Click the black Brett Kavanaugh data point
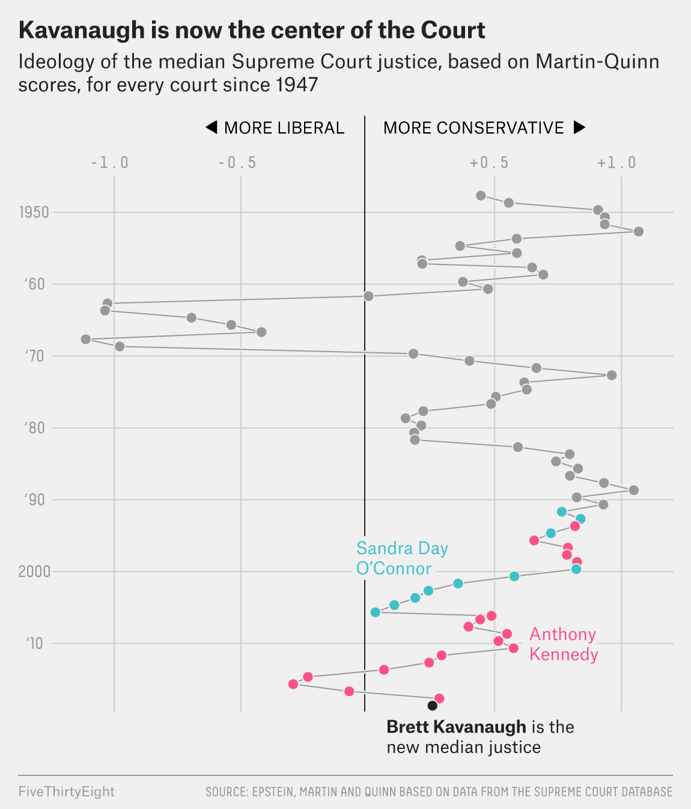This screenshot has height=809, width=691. [433, 706]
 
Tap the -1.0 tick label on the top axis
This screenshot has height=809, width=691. [109, 163]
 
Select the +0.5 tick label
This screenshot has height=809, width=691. [489, 163]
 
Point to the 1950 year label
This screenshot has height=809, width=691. [34, 212]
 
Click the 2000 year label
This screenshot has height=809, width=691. [34, 572]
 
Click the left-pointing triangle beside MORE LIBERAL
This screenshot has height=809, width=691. [211, 127]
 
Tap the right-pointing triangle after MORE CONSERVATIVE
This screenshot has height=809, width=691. [579, 127]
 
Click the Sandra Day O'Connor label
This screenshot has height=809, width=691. [401, 558]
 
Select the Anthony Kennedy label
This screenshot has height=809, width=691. [563, 644]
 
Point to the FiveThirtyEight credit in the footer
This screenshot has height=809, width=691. [66, 792]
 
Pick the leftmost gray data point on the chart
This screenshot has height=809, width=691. [86, 340]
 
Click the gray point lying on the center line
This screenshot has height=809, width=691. [368, 296]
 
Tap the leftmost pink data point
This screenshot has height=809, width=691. [293, 684]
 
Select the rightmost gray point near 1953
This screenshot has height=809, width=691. [639, 231]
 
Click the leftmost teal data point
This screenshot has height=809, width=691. [376, 612]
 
